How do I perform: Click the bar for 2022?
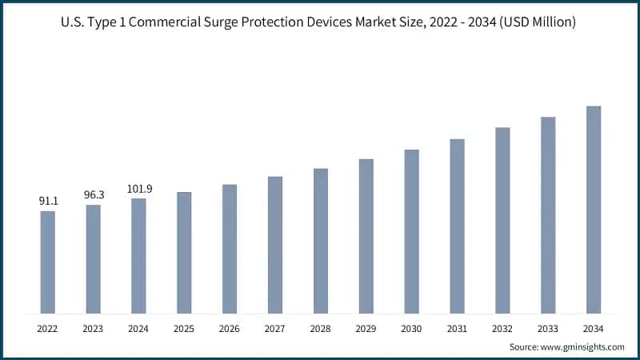coord(48,262)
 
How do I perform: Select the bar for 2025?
coord(184,253)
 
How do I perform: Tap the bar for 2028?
coord(321,241)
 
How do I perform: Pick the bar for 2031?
coord(457,226)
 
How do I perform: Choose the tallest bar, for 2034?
coord(593,210)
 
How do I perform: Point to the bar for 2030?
coord(411,231)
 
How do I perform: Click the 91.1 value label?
coord(48,202)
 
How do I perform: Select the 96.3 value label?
coord(94,194)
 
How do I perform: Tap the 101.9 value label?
coord(138,189)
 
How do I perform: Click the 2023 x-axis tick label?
coord(94,328)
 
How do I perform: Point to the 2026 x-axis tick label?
coord(230,328)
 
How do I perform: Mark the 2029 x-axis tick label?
coord(366,328)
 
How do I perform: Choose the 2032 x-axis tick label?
coord(502,328)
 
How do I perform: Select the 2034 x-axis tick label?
coord(593,328)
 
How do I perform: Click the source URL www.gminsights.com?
coord(583,346)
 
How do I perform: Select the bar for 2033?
coord(548,215)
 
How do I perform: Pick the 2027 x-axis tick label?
coord(275,328)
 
